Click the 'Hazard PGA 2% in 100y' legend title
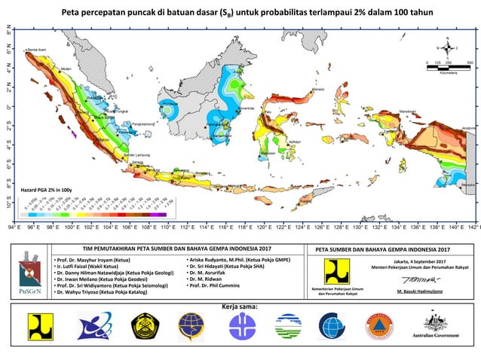pos(47,189)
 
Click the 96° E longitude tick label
pos(33,226)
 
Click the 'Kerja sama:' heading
pos(240,307)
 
